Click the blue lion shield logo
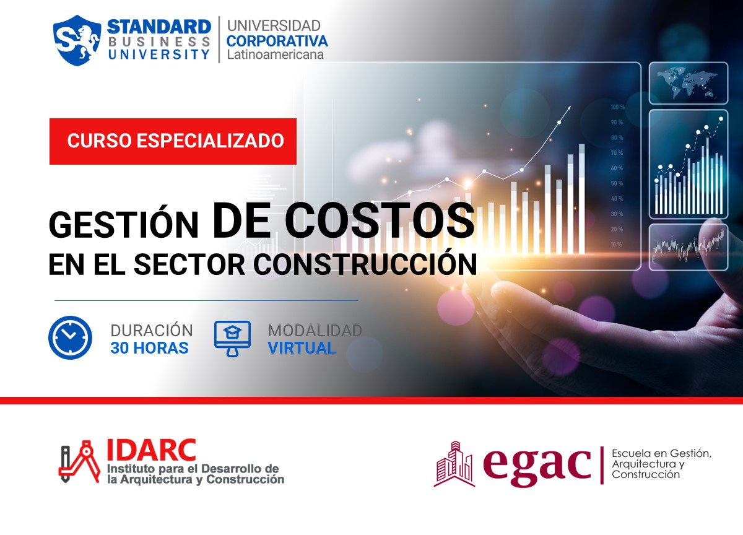click(77, 40)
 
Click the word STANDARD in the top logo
click(159, 26)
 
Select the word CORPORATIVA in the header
click(277, 41)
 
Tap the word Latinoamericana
click(275, 55)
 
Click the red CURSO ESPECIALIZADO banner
click(173, 141)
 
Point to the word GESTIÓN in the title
click(123, 224)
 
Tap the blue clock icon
click(70, 338)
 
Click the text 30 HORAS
click(149, 348)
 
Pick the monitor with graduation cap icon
click(232, 338)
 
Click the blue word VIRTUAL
click(302, 348)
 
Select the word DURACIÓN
click(152, 330)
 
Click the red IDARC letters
click(151, 450)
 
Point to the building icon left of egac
click(455, 464)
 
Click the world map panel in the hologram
click(687, 83)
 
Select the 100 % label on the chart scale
click(617, 107)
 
